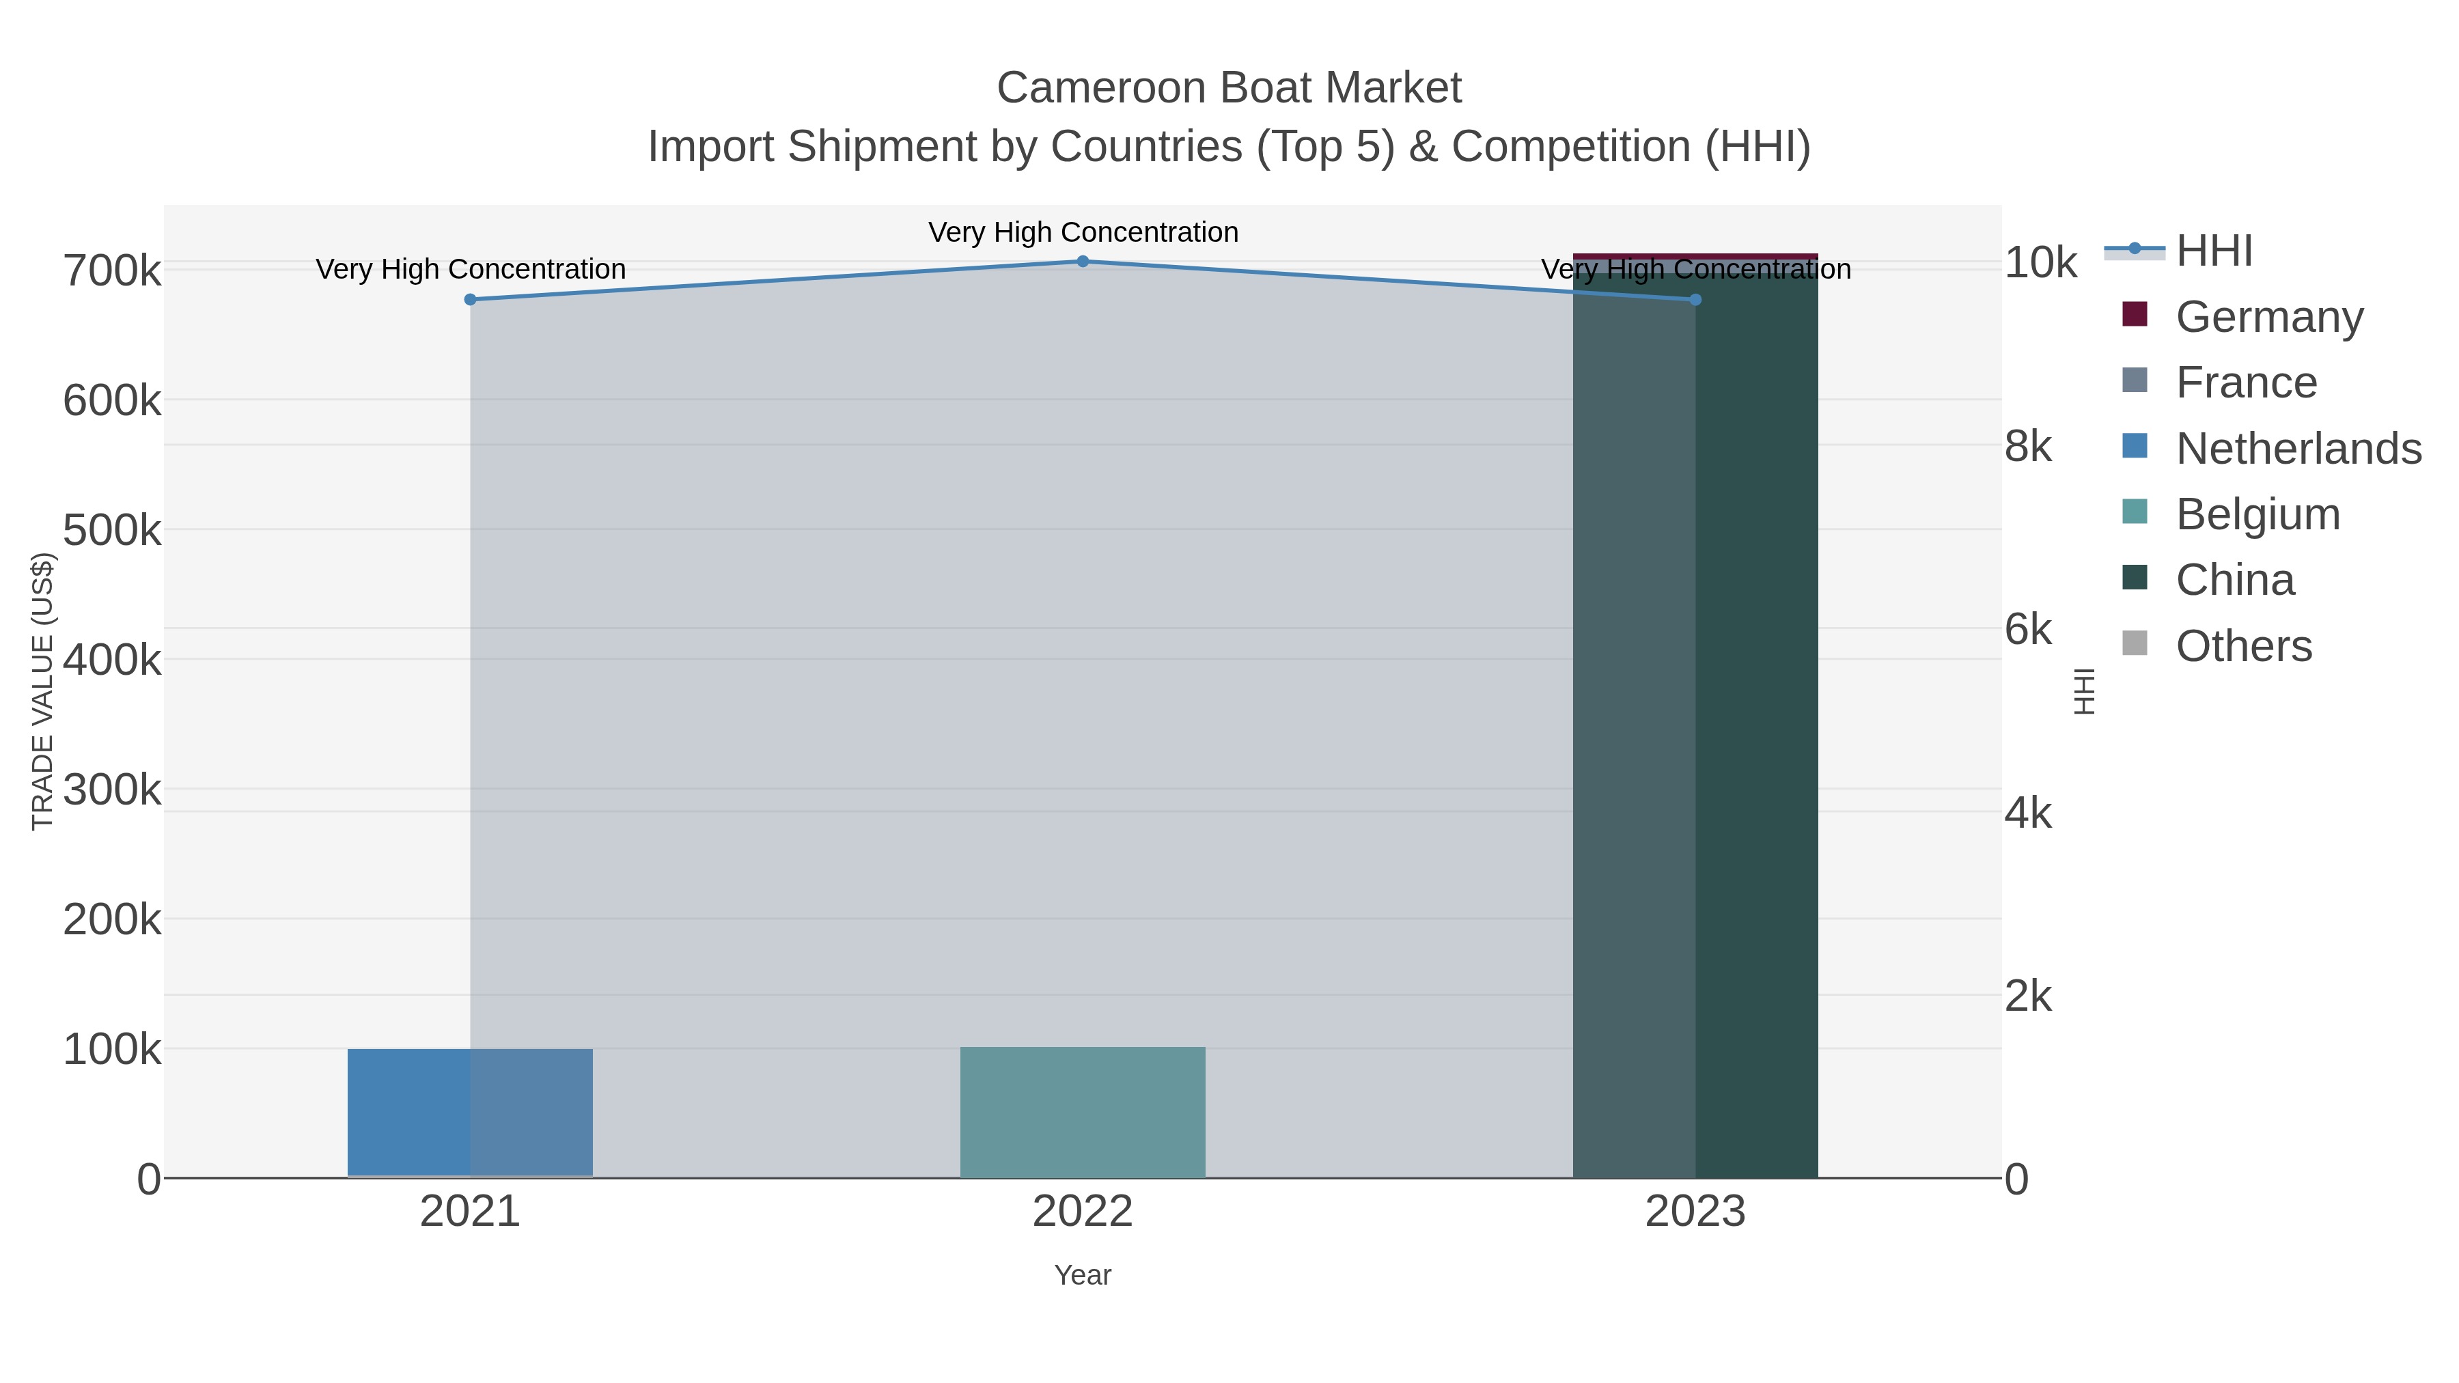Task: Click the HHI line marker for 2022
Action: point(1083,262)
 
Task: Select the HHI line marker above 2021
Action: point(470,300)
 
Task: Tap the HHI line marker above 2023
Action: point(1695,300)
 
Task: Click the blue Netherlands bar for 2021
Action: point(470,1113)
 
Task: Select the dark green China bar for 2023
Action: point(1695,725)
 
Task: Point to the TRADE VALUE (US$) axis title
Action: point(43,691)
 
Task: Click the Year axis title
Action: point(1083,1275)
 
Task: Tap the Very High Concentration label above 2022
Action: point(1083,233)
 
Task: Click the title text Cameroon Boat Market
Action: point(1229,89)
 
